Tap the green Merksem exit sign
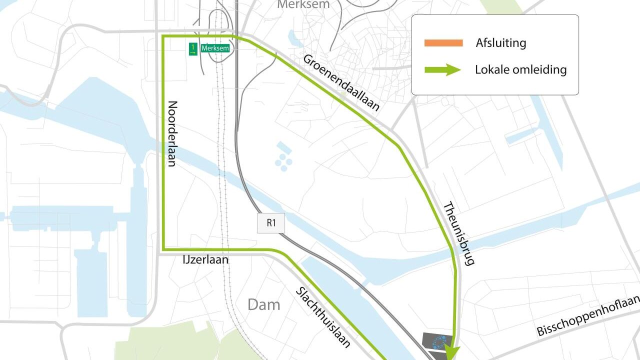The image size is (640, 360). coord(215,48)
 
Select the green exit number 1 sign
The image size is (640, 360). coord(193,49)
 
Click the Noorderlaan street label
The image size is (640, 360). coord(172,133)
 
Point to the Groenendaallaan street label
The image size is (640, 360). coord(341,82)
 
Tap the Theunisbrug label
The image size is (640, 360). coord(458,233)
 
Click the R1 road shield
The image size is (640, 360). coord(271,223)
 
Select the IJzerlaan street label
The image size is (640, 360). coord(205,260)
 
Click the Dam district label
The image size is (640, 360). coord(263,304)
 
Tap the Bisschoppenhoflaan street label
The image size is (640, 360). coord(588,315)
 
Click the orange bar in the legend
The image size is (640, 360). coord(443,43)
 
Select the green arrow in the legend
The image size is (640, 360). coord(442,69)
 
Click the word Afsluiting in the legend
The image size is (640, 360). coord(500,43)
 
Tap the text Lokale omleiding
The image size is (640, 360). coord(520,69)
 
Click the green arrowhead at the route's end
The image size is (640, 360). coord(452,352)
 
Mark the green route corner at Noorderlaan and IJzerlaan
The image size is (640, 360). coord(164,248)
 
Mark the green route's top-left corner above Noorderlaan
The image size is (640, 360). coord(164,36)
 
